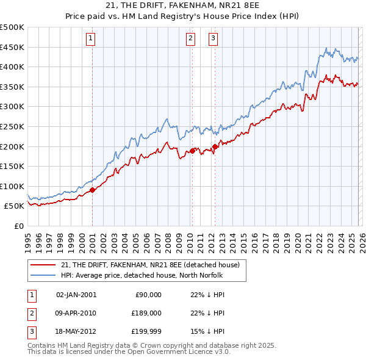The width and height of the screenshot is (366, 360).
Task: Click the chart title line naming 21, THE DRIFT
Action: (x=182, y=7)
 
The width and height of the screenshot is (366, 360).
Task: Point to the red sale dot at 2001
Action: (x=92, y=190)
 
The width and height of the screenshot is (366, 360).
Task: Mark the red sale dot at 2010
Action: (x=192, y=150)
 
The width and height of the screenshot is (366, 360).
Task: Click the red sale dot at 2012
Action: (x=215, y=146)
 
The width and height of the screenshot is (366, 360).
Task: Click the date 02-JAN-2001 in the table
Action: (x=76, y=295)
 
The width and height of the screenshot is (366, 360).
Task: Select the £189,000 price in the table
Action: (x=147, y=313)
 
